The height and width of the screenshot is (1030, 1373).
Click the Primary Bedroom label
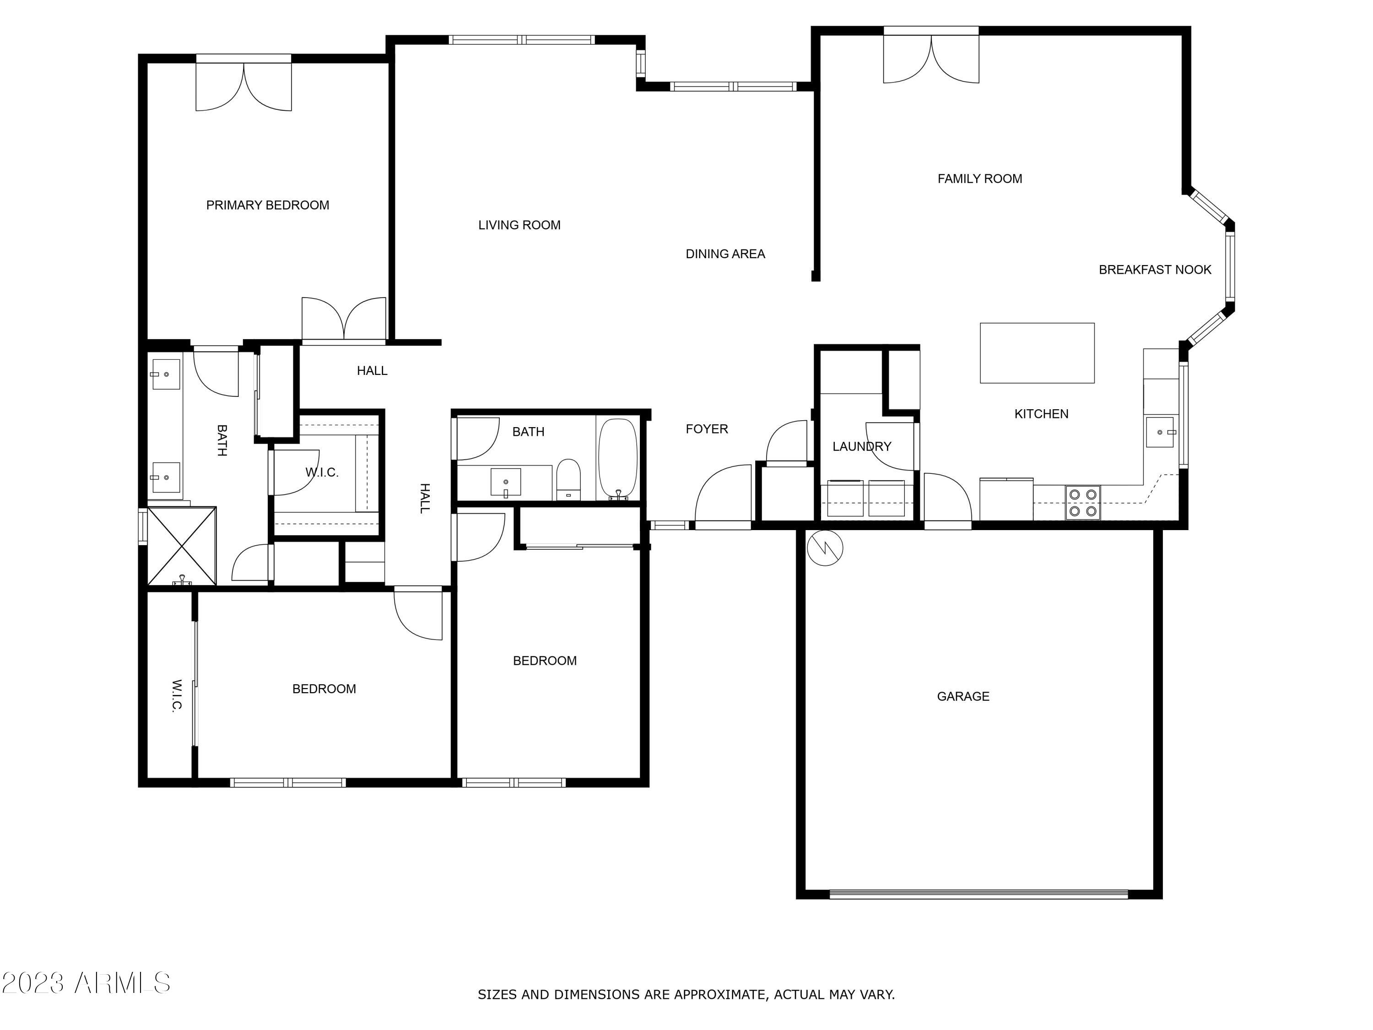click(x=268, y=206)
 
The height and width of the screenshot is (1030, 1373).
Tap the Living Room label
click(x=519, y=225)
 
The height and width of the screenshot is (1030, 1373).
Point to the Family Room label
click(x=979, y=179)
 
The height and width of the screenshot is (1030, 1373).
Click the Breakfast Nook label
click(x=1155, y=270)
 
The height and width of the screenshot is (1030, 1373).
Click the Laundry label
click(x=861, y=446)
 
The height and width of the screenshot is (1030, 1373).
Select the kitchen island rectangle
click(x=1037, y=352)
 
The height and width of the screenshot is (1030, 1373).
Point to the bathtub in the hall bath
click(x=617, y=458)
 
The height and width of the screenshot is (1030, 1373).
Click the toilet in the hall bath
click(x=568, y=479)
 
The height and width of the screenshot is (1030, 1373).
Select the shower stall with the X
click(x=182, y=546)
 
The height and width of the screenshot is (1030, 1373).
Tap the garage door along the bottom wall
click(x=979, y=894)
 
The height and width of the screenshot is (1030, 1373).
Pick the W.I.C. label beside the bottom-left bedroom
click(x=177, y=695)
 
